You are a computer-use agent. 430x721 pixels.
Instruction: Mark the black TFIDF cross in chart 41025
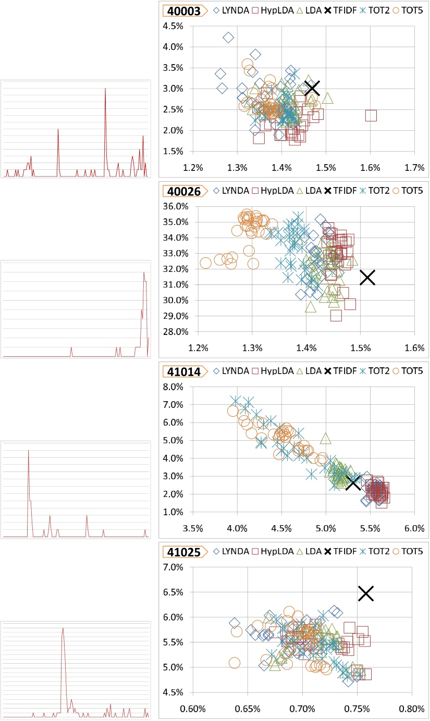(366, 593)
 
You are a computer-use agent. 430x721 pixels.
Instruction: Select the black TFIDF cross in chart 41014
(353, 482)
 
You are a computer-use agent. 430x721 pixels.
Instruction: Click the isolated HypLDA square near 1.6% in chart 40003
(371, 115)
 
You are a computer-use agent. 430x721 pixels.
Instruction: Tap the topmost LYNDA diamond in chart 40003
(228, 38)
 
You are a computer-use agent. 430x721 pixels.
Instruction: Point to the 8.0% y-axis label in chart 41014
(174, 387)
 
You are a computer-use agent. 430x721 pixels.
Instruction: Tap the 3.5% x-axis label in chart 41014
(193, 528)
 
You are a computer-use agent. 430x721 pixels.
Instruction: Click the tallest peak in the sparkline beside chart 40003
(105, 89)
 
